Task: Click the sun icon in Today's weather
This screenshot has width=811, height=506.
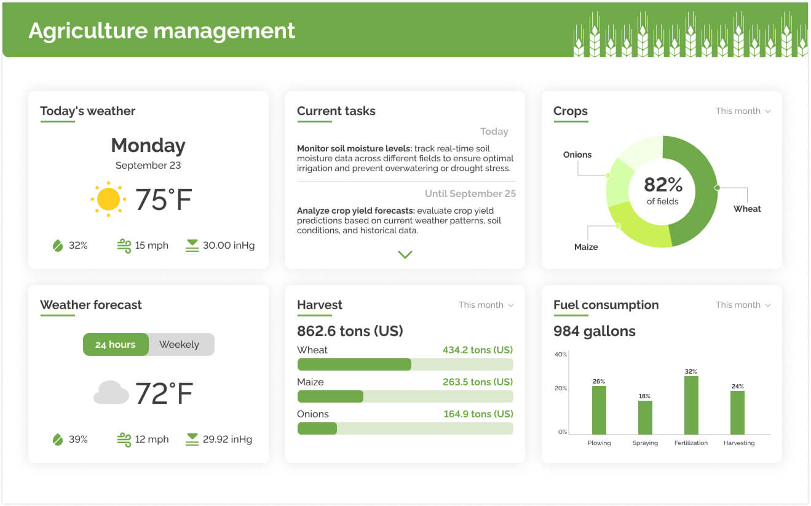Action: [x=108, y=199]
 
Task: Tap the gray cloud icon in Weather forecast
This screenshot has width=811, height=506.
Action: [x=111, y=393]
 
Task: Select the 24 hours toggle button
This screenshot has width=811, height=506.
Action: [x=116, y=345]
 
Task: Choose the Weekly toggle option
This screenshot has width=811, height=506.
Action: [x=180, y=345]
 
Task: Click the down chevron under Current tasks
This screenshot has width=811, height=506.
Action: [x=405, y=254]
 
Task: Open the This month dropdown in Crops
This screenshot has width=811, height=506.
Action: [x=743, y=111]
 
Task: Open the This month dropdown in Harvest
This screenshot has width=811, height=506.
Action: [x=486, y=305]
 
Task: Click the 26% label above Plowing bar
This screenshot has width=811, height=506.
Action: [x=599, y=382]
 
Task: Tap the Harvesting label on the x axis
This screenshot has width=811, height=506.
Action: [x=738, y=443]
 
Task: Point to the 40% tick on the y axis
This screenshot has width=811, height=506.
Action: [x=561, y=355]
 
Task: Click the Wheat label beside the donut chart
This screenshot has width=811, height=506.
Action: [x=747, y=209]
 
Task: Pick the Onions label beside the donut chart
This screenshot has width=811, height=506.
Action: [x=577, y=155]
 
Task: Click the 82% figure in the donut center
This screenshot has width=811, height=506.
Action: [x=663, y=185]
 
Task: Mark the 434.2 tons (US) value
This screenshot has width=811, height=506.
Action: [x=477, y=350]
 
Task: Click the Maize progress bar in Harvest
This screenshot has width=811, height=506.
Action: [x=405, y=396]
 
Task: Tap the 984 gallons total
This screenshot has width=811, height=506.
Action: [x=594, y=332]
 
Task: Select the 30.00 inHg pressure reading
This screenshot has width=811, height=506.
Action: [x=228, y=246]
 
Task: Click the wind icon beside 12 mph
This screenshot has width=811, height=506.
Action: [x=124, y=440]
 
